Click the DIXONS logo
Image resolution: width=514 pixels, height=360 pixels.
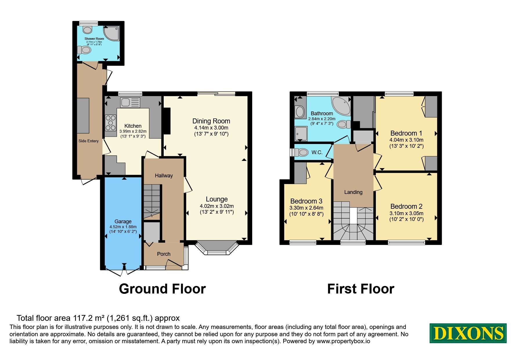pos(468,333)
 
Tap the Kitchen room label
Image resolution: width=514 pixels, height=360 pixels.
pos(133,126)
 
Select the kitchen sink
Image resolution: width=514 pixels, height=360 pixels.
pos(130,102)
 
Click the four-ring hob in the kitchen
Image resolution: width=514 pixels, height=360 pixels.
pos(110,123)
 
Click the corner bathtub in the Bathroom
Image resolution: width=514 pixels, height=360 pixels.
pos(341,106)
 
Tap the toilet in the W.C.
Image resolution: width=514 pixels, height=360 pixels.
pos(301,152)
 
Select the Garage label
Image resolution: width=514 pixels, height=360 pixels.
pos(123,221)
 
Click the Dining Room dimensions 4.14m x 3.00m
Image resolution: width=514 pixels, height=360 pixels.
pos(211,128)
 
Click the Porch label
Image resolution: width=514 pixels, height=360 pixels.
pos(164,254)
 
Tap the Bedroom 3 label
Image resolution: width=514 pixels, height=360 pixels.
pos(306,201)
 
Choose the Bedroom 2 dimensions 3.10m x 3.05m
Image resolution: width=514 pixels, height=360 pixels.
pos(406,213)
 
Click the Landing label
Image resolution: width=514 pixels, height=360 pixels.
pos(353,192)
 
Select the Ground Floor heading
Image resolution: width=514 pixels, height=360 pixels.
pos(162,289)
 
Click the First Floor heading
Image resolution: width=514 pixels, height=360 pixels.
pos(361,289)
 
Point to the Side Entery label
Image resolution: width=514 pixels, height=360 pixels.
pos(89,141)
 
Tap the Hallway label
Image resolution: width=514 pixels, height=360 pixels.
pos(164,176)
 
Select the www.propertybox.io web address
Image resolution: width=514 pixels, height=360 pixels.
pos(343,341)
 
